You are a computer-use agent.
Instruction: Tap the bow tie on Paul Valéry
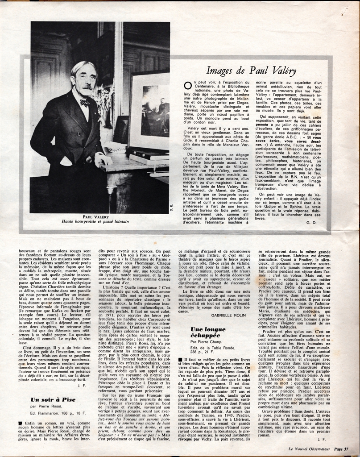tap(84, 102)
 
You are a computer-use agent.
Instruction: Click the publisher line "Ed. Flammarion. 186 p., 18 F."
tap(58, 414)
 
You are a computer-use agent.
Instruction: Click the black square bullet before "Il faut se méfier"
tap(180, 359)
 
